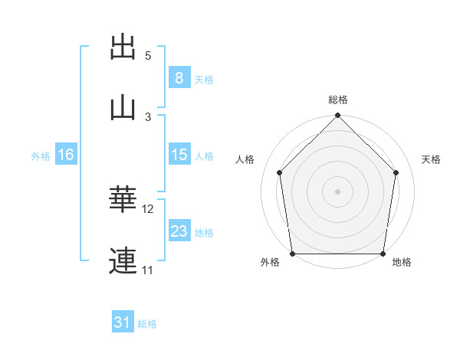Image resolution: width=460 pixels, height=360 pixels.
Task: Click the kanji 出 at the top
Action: tap(123, 47)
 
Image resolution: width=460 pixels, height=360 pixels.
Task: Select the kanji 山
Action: tap(123, 109)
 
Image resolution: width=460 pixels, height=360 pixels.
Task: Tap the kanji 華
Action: tap(123, 198)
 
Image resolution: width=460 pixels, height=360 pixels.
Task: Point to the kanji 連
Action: tap(123, 260)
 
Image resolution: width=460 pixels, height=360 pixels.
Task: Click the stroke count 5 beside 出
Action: tap(148, 56)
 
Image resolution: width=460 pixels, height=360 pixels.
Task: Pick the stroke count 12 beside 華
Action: tap(147, 209)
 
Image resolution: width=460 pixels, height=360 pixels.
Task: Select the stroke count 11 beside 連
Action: tap(147, 270)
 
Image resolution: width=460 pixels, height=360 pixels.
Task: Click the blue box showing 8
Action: tap(179, 77)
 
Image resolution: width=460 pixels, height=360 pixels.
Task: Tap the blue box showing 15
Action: tap(179, 154)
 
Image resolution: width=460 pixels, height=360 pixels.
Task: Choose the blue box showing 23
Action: tap(179, 230)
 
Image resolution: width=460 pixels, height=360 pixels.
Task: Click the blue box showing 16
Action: tap(66, 154)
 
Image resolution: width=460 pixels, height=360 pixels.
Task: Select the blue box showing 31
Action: tap(123, 321)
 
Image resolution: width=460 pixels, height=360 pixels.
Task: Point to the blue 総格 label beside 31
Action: tap(147, 324)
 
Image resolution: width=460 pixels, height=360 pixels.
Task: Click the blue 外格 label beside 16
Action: tap(41, 156)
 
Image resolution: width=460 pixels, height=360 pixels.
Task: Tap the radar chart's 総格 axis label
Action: tap(338, 100)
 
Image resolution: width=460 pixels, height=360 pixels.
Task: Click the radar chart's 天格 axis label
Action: tap(431, 159)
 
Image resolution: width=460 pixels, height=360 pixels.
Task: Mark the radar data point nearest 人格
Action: tap(280, 172)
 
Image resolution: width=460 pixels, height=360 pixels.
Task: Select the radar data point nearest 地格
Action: tap(383, 254)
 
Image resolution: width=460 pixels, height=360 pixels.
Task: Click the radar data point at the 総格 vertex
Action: tap(337, 115)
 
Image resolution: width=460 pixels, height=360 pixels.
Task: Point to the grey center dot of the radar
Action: tap(337, 191)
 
